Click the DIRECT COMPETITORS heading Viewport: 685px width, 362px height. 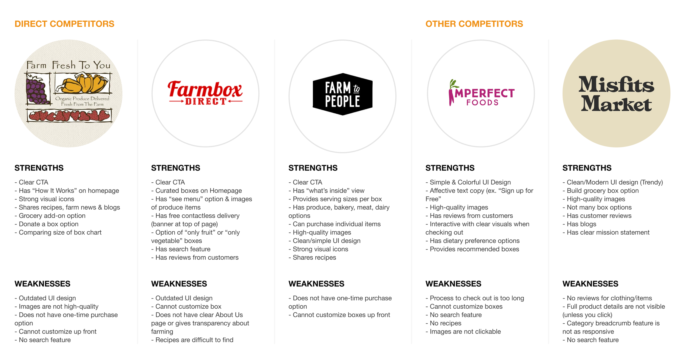[x=64, y=24]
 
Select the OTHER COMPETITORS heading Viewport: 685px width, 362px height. [x=474, y=24]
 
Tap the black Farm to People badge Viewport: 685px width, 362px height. [x=342, y=94]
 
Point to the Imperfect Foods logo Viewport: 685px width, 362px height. [x=481, y=93]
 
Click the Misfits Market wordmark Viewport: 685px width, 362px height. [x=616, y=93]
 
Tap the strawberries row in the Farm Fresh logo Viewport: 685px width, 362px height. [x=70, y=116]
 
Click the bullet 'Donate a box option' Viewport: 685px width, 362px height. [x=48, y=224]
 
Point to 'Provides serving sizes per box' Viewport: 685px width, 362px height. [x=337, y=199]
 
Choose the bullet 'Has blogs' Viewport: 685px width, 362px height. [x=581, y=224]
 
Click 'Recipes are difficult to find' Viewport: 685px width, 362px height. [x=194, y=340]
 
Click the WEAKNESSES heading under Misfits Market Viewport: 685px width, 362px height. [x=590, y=284]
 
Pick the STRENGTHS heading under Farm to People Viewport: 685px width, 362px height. [x=313, y=168]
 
